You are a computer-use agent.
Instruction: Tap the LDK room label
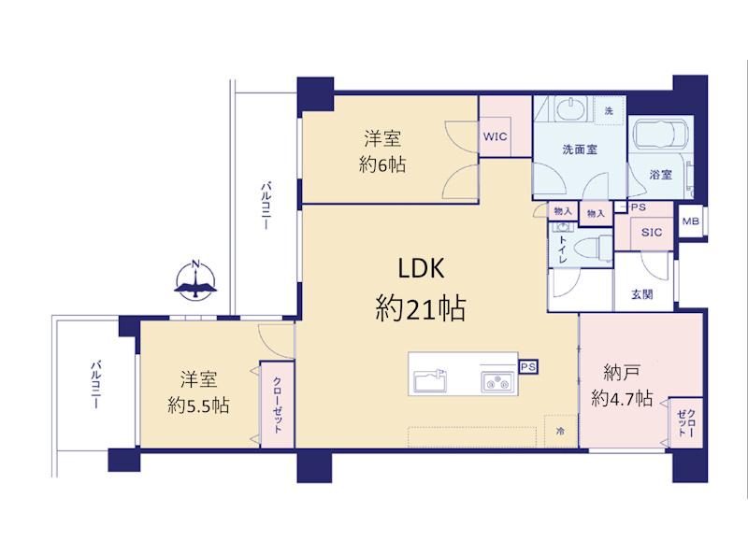point(421,269)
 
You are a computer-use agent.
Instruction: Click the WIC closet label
point(495,136)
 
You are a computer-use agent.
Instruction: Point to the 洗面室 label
point(580,149)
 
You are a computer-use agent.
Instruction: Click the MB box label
point(690,221)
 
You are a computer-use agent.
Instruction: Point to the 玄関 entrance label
point(642,294)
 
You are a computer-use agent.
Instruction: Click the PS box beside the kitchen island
point(528,365)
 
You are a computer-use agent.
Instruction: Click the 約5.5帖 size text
point(199,406)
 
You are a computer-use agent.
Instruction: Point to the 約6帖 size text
point(382,164)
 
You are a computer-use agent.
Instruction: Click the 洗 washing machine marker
point(610,111)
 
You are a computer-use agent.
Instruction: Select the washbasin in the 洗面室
point(571,109)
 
